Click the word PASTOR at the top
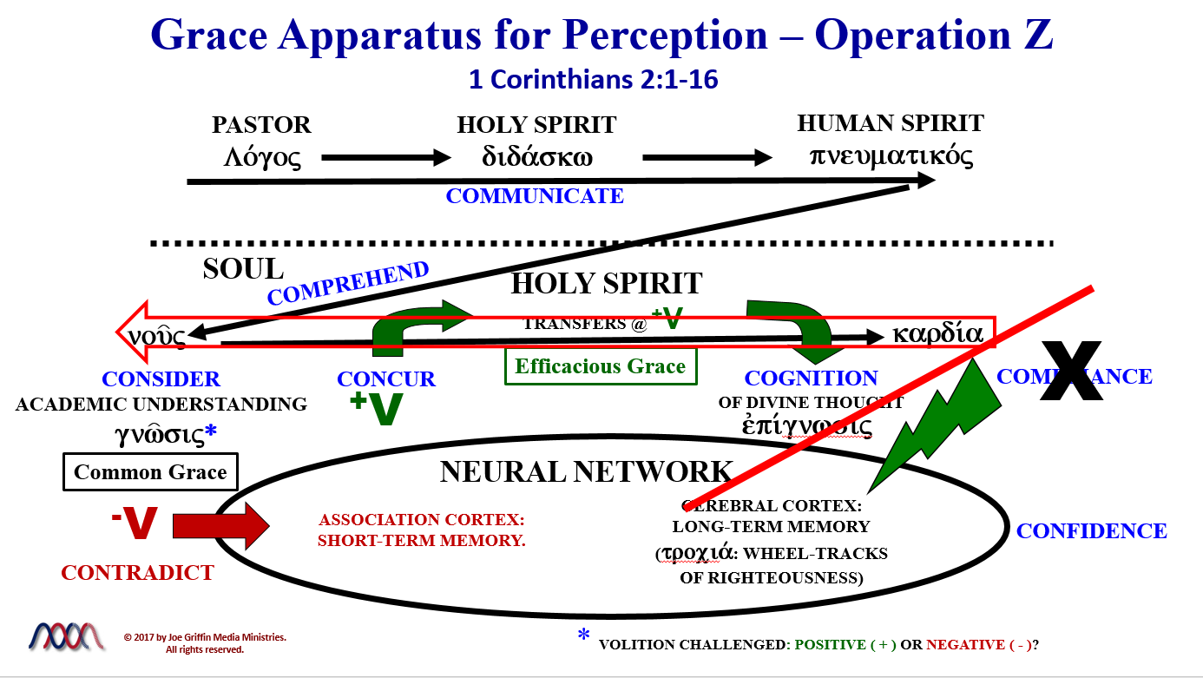261,125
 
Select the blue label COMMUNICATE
535,196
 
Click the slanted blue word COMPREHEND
348,283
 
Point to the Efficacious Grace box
600,366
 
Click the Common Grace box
150,472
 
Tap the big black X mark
1071,372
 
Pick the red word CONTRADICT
137,573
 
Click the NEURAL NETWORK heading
587,471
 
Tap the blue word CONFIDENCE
1091,531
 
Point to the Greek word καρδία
937,334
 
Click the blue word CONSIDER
161,379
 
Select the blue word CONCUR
386,379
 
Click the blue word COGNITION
811,378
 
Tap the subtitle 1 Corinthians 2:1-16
593,80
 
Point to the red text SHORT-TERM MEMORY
422,540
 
